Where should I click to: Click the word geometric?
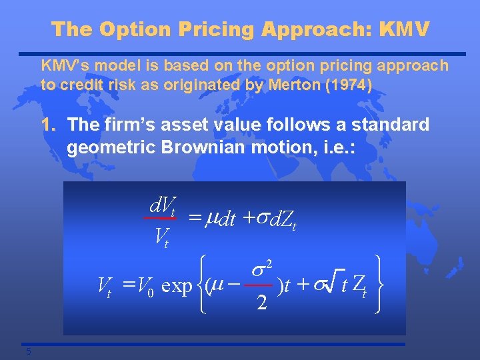tap(110, 148)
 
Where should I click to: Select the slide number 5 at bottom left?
tap(29, 352)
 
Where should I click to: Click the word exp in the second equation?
tap(177, 287)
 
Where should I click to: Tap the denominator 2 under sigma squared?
tap(262, 303)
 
